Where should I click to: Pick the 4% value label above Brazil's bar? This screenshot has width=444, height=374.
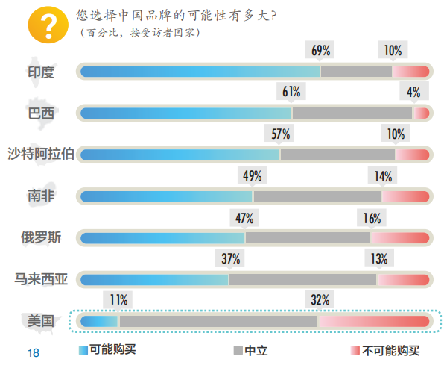click(x=413, y=93)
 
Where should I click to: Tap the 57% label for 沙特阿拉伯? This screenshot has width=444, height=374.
click(x=281, y=134)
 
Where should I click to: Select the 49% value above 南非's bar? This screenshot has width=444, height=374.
click(x=253, y=176)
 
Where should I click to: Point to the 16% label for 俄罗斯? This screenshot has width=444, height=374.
click(x=372, y=218)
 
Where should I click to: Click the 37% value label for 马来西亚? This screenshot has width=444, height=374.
click(x=229, y=259)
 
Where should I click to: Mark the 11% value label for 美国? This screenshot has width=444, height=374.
click(x=119, y=300)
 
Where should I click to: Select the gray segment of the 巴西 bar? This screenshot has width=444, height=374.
click(x=352, y=113)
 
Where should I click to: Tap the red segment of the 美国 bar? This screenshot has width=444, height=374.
click(x=372, y=322)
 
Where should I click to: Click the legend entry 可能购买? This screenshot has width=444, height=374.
click(x=107, y=349)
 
